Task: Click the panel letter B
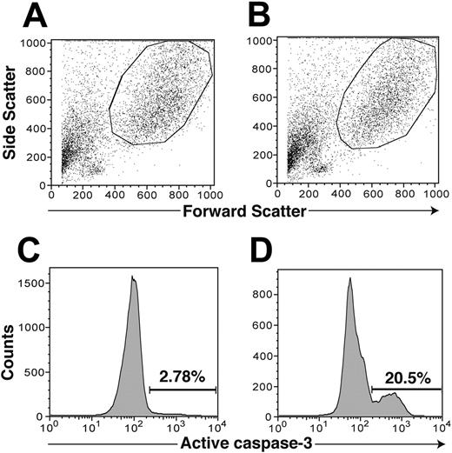tap(236, 16)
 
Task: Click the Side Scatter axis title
tap(11, 113)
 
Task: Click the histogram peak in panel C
tap(133, 278)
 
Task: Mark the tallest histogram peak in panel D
tap(349, 280)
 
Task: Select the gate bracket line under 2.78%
tap(183, 389)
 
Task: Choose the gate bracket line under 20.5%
tap(407, 388)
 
